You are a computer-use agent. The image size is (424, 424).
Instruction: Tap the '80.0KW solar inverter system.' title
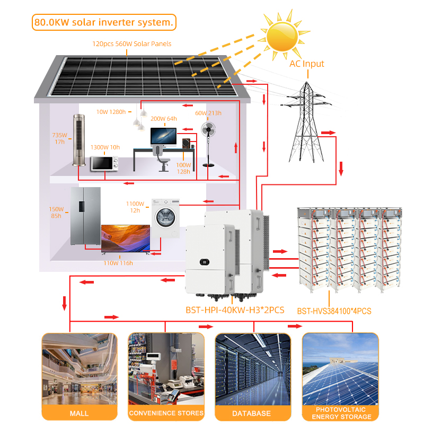(x=104, y=22)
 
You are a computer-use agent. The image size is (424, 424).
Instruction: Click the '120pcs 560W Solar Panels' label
(x=131, y=44)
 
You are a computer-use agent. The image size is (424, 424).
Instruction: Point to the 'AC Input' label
(x=307, y=64)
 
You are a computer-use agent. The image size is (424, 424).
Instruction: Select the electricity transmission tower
(x=306, y=122)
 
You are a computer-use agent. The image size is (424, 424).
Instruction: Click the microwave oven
(x=104, y=163)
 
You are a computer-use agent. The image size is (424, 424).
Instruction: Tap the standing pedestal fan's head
(x=208, y=129)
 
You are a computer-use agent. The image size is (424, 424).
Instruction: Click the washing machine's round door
(x=166, y=217)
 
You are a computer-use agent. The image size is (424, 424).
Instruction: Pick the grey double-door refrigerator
(x=85, y=216)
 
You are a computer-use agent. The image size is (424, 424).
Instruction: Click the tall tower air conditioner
(x=79, y=140)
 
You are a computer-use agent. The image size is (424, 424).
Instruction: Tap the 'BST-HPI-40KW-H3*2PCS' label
(x=235, y=310)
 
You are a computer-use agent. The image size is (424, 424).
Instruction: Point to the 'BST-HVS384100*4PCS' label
(x=334, y=311)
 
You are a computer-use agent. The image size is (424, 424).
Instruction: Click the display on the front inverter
(x=205, y=262)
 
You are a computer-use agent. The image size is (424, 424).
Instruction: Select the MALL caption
(x=79, y=413)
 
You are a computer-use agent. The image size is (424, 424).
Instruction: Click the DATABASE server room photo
(x=253, y=369)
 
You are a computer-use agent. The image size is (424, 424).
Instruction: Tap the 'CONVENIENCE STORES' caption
(x=166, y=413)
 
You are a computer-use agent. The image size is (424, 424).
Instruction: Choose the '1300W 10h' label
(x=105, y=147)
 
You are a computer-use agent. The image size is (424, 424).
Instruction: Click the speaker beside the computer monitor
(x=186, y=143)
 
